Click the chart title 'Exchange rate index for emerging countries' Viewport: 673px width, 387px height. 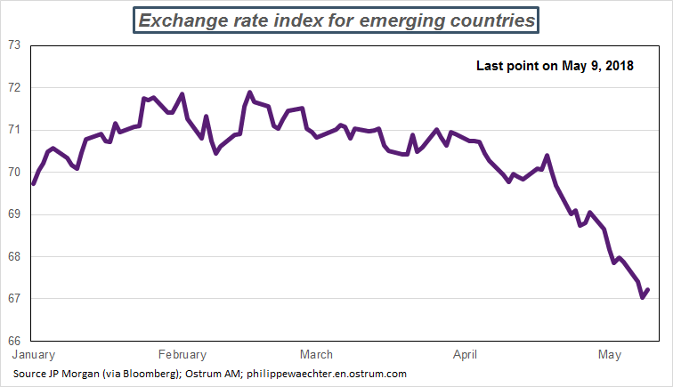coord(336,20)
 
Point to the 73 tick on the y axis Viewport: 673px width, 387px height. coord(14,45)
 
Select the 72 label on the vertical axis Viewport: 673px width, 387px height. coord(14,88)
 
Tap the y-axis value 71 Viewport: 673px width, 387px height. coord(14,130)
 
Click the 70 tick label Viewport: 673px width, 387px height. coord(14,172)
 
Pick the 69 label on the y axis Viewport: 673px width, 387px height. coord(14,214)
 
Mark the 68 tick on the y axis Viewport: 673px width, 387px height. coord(14,256)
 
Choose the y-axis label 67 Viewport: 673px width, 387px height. coord(14,299)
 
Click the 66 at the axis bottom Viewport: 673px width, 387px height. coord(14,341)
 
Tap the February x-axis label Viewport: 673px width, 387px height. coord(182,354)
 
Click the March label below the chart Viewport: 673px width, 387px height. coord(317,354)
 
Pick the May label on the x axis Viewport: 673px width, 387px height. coord(610,354)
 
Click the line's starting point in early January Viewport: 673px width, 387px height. coord(33,183)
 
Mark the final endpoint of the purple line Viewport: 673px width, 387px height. coord(648,289)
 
